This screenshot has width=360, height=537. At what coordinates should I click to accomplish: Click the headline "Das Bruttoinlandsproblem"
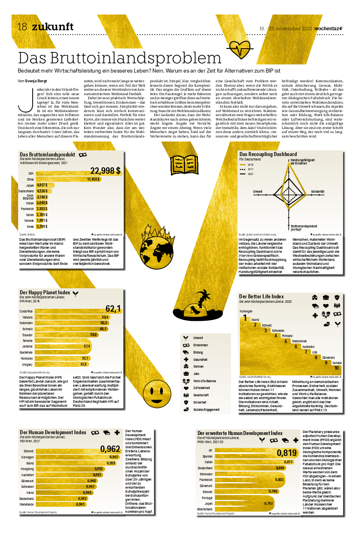120,57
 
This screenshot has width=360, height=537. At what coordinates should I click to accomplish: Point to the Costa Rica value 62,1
113,309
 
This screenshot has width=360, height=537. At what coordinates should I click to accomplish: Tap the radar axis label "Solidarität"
318,191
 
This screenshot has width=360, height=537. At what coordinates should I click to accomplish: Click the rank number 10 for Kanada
336,368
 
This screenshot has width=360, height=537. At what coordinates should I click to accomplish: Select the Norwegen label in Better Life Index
246,312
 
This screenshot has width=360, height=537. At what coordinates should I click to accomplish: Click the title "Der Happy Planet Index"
45,293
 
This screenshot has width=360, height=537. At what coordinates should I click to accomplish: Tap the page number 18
22,27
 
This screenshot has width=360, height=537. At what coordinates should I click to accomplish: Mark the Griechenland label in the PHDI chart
204,510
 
